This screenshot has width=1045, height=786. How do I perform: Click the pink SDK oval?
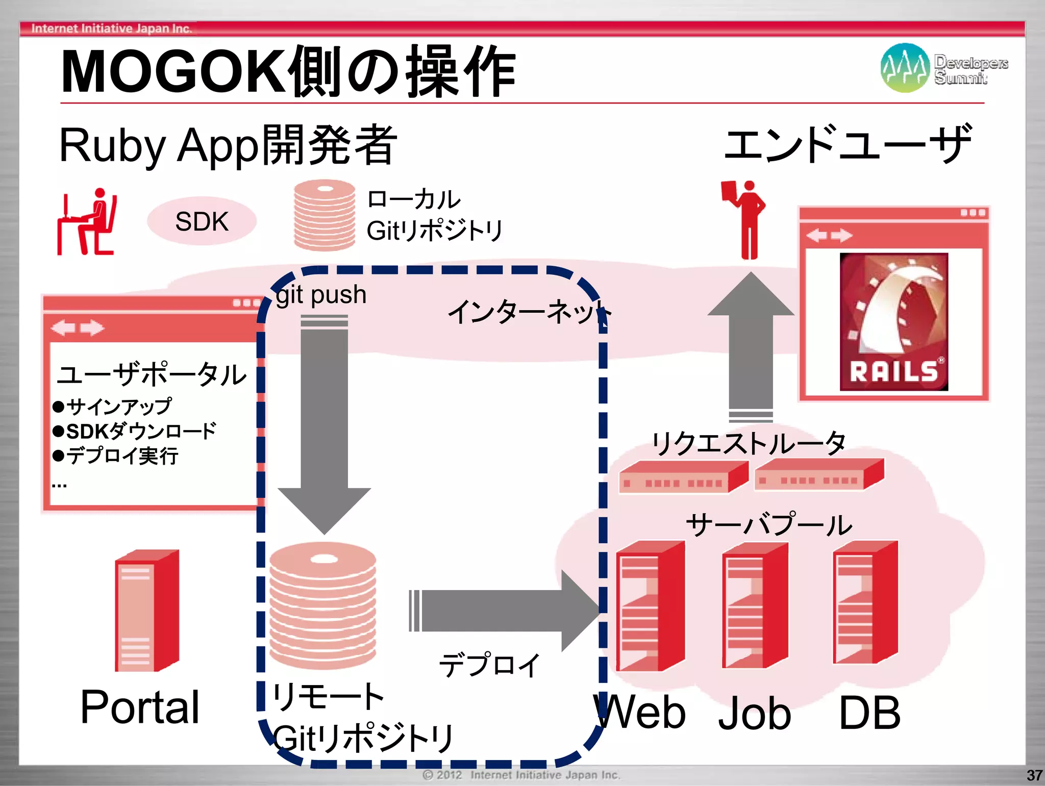click(x=202, y=221)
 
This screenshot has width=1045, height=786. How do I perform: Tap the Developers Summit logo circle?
click(x=905, y=68)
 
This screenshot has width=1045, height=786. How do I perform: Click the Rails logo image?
click(x=893, y=322)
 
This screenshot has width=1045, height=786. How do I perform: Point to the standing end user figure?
click(x=745, y=219)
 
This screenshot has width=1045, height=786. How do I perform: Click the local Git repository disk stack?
click(x=325, y=215)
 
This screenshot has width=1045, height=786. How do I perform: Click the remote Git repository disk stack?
click(x=322, y=605)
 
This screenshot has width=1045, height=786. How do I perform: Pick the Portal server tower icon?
click(x=147, y=611)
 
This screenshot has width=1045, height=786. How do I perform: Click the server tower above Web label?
click(x=650, y=606)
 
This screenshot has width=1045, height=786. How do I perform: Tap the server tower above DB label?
click(x=865, y=602)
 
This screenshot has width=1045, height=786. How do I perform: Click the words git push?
click(x=321, y=294)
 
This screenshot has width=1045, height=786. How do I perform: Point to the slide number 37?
click(x=1034, y=775)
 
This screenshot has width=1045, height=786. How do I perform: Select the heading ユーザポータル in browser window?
click(x=152, y=374)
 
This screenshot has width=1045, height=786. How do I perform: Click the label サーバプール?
click(x=768, y=524)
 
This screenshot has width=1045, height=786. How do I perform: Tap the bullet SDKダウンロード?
click(x=135, y=431)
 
